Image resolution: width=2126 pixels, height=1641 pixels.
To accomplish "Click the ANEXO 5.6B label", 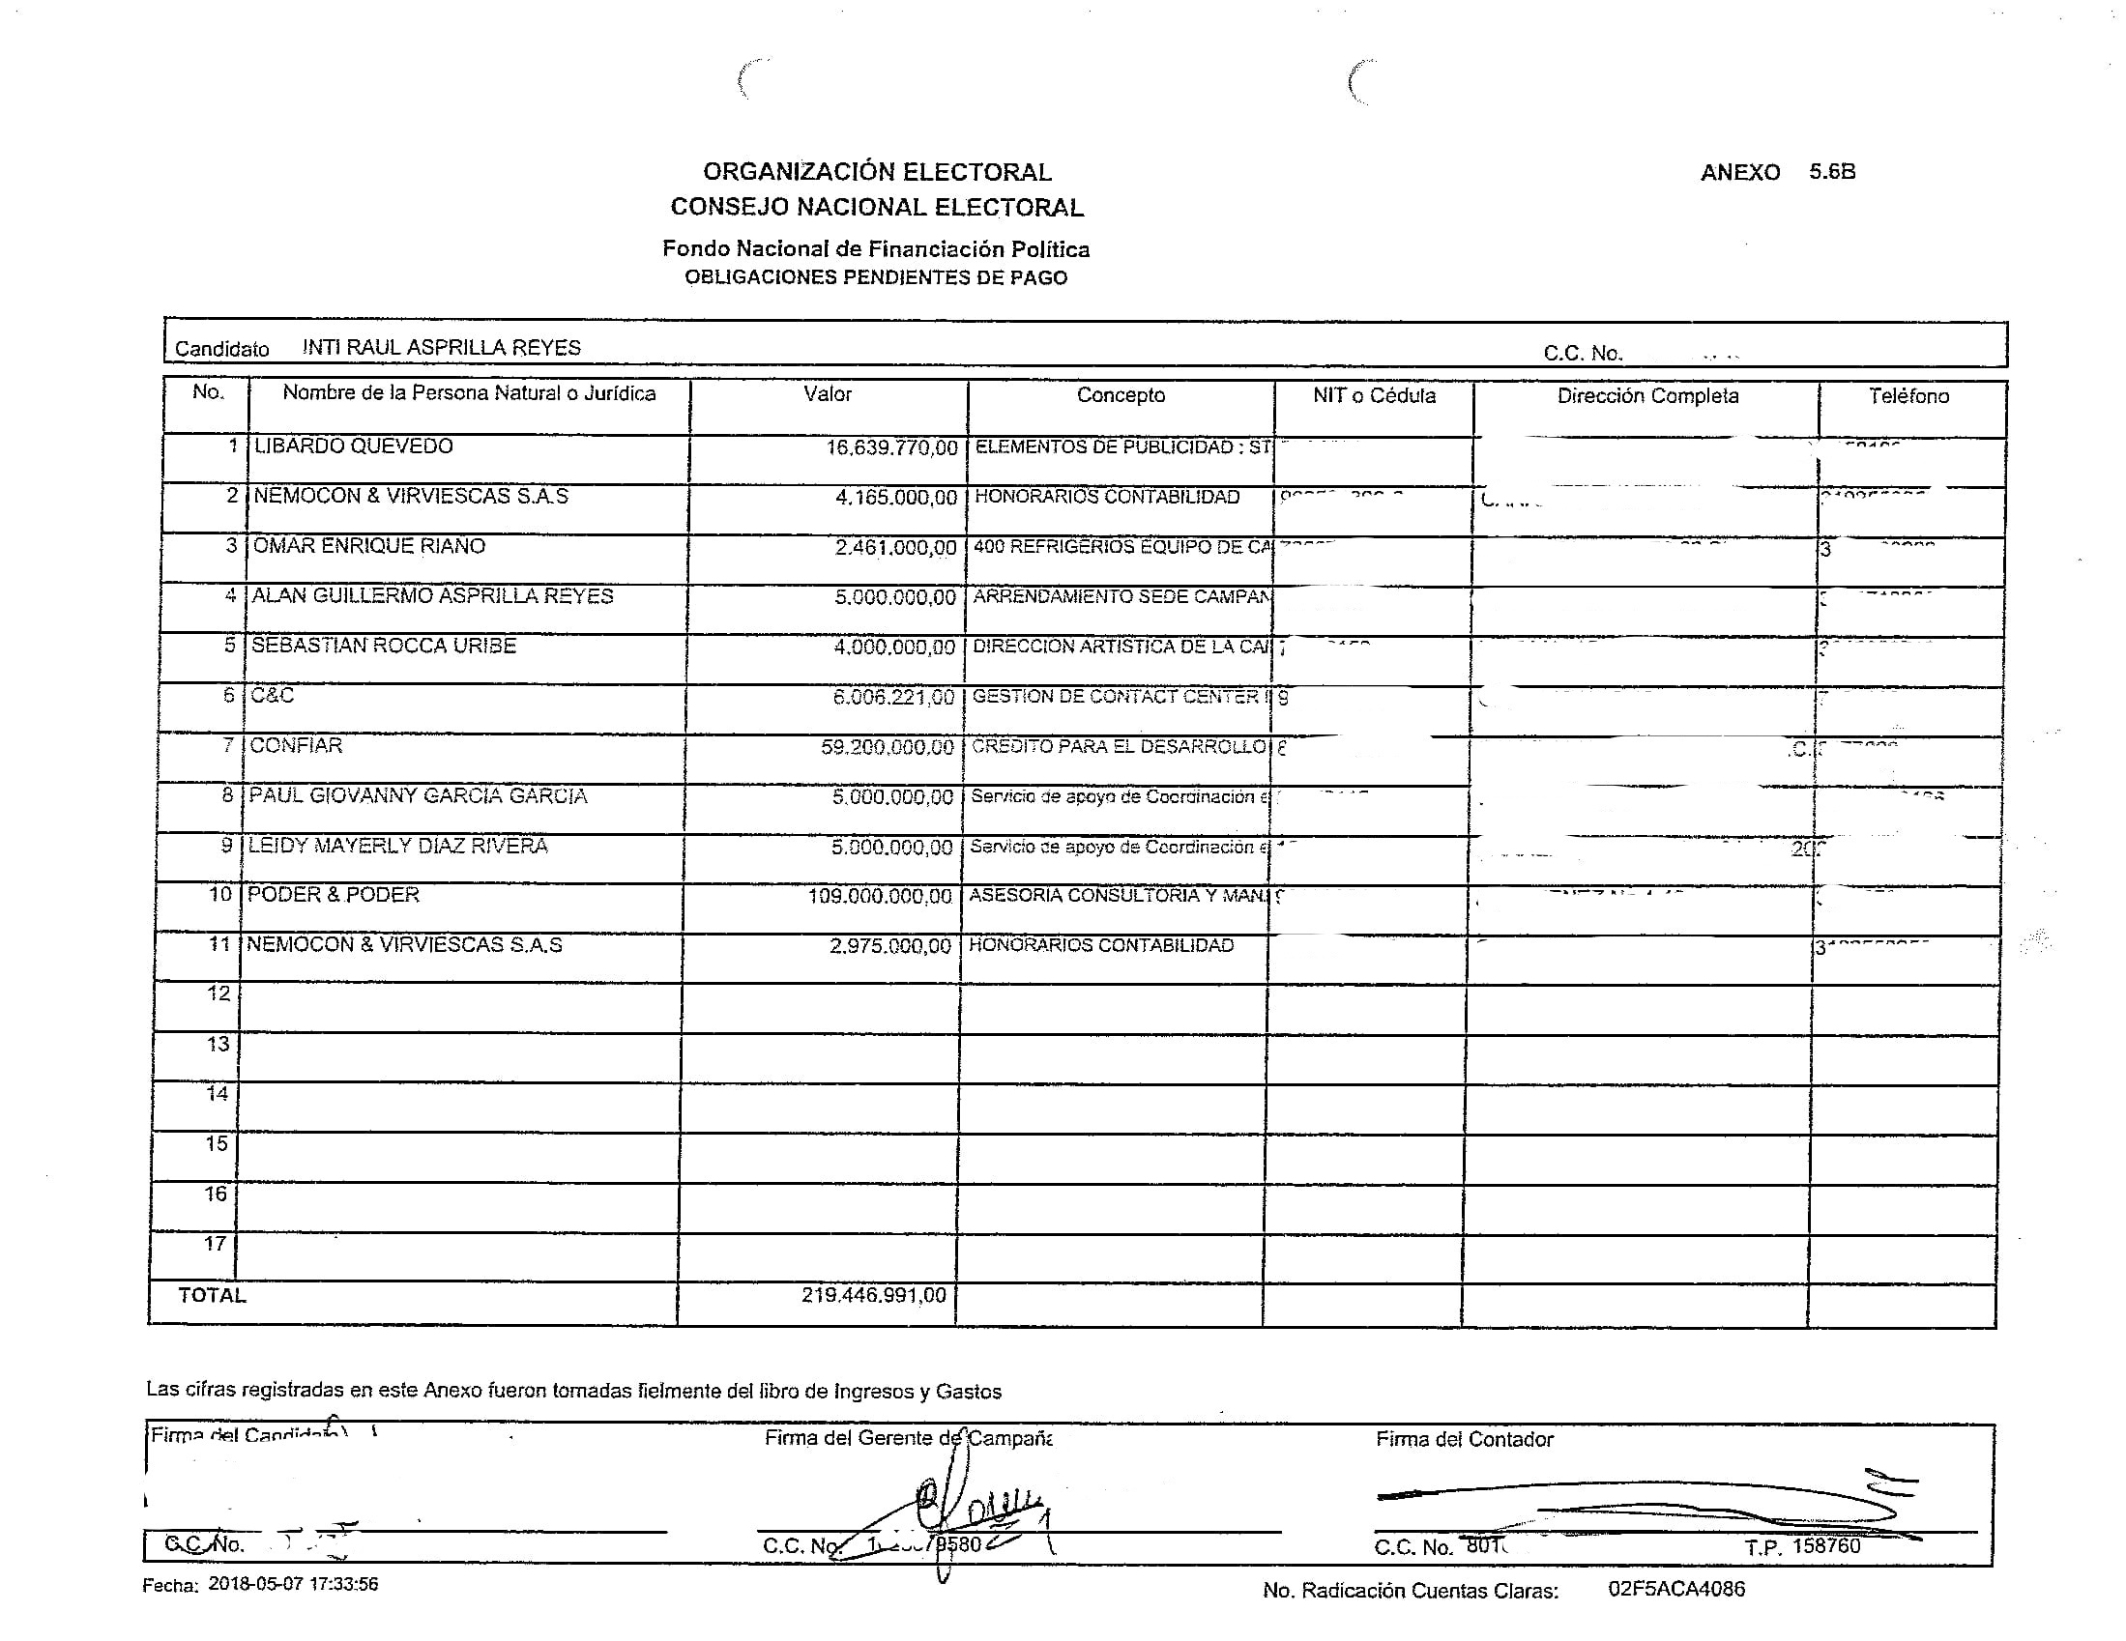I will [1778, 172].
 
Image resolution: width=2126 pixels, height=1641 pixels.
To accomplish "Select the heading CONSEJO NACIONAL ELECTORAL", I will [876, 208].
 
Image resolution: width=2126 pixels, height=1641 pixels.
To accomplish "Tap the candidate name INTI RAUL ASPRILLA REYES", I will [441, 348].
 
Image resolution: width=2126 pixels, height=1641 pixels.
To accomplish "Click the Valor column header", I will [828, 394].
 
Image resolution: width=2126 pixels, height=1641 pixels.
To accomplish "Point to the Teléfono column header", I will [1908, 396].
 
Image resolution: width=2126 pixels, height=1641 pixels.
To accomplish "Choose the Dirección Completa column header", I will [1647, 396].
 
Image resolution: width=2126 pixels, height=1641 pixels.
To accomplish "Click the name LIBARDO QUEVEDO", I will [353, 446].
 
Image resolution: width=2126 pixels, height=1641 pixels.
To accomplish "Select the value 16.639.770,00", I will [891, 448].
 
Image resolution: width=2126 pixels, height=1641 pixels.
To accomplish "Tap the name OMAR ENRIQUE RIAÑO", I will [369, 546].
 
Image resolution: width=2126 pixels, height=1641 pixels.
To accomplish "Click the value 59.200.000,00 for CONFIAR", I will [887, 747].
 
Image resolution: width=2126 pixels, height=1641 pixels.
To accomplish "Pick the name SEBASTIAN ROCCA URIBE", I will [384, 647].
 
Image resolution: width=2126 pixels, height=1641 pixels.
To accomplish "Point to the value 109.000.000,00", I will [879, 897].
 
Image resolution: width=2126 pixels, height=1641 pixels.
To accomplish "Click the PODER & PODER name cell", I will [333, 896].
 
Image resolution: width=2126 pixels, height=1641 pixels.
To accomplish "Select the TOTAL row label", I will [212, 1295].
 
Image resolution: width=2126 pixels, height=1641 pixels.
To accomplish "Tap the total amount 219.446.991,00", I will [873, 1295].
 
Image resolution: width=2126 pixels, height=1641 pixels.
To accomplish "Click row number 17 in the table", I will [216, 1244].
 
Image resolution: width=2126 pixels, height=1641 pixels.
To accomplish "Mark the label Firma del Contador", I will [1464, 1440].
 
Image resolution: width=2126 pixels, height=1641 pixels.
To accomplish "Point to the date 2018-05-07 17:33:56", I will [293, 1585].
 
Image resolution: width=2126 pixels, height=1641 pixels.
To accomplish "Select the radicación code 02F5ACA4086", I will [1676, 1590].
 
